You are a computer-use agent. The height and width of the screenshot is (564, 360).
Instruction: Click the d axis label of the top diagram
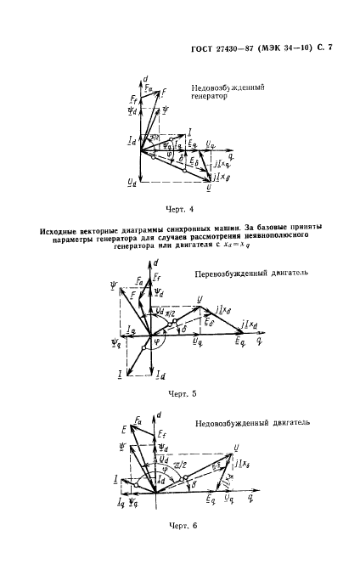click(147, 78)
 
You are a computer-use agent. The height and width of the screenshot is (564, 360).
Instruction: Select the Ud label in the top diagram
click(130, 181)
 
